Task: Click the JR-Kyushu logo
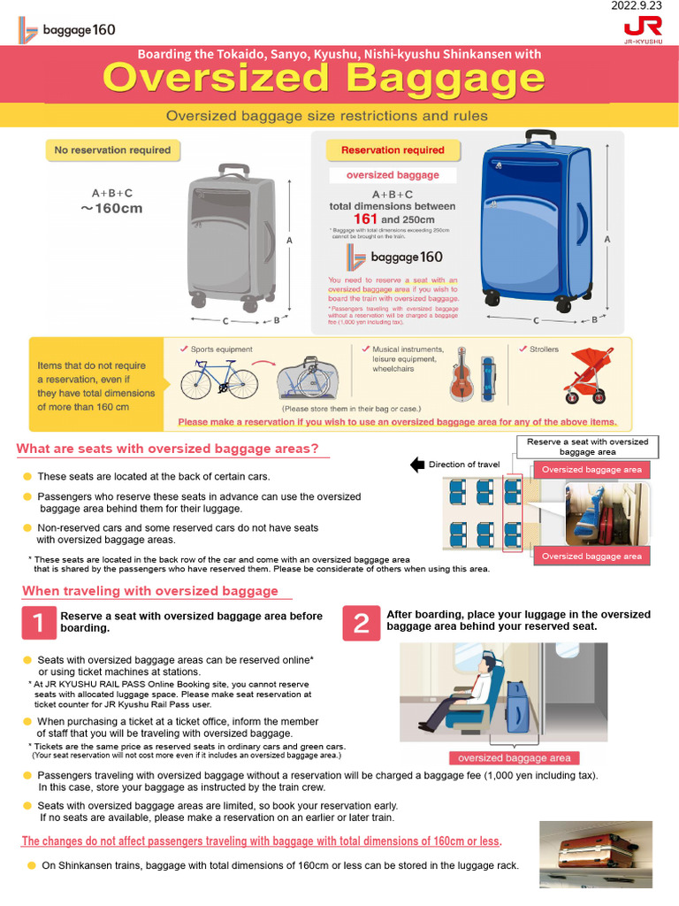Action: click(x=642, y=28)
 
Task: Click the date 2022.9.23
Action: click(x=639, y=6)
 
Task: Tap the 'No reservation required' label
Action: click(x=112, y=150)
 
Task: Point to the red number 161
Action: click(x=365, y=219)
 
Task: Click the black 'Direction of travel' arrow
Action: click(x=418, y=465)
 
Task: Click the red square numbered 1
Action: click(x=38, y=623)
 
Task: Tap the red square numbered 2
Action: click(x=361, y=623)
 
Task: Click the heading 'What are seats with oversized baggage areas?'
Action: click(x=168, y=449)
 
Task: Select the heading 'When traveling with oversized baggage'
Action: click(x=150, y=591)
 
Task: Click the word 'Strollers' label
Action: click(x=544, y=349)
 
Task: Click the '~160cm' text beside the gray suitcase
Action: click(x=112, y=209)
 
